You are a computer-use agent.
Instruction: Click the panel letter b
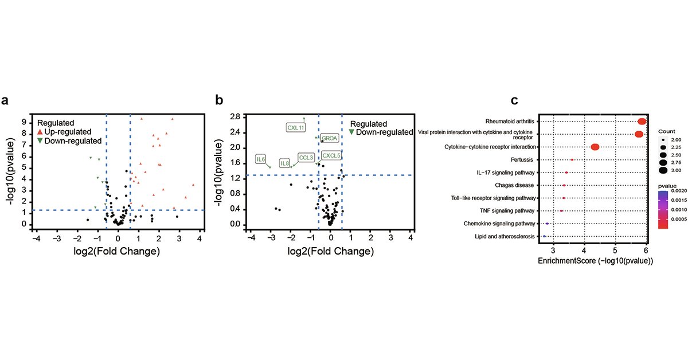[218, 101]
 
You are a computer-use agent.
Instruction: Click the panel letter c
[514, 101]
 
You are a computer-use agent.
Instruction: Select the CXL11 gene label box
[296, 127]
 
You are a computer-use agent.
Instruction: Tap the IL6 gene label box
[261, 159]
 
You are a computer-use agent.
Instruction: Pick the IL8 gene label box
[285, 163]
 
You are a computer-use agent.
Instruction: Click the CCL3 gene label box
[306, 157]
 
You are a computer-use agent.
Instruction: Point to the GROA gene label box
[330, 138]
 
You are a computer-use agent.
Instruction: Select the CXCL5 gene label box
[331, 155]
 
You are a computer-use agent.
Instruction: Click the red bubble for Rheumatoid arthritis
[642, 121]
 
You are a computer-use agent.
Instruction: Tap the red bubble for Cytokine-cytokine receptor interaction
[595, 147]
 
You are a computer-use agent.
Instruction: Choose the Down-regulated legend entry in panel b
[381, 132]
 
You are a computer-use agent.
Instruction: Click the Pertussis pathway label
[522, 160]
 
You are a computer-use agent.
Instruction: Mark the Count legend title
[667, 130]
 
